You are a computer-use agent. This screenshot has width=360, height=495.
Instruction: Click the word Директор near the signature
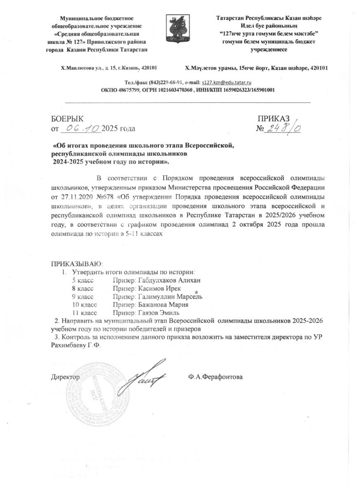click(x=65, y=377)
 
